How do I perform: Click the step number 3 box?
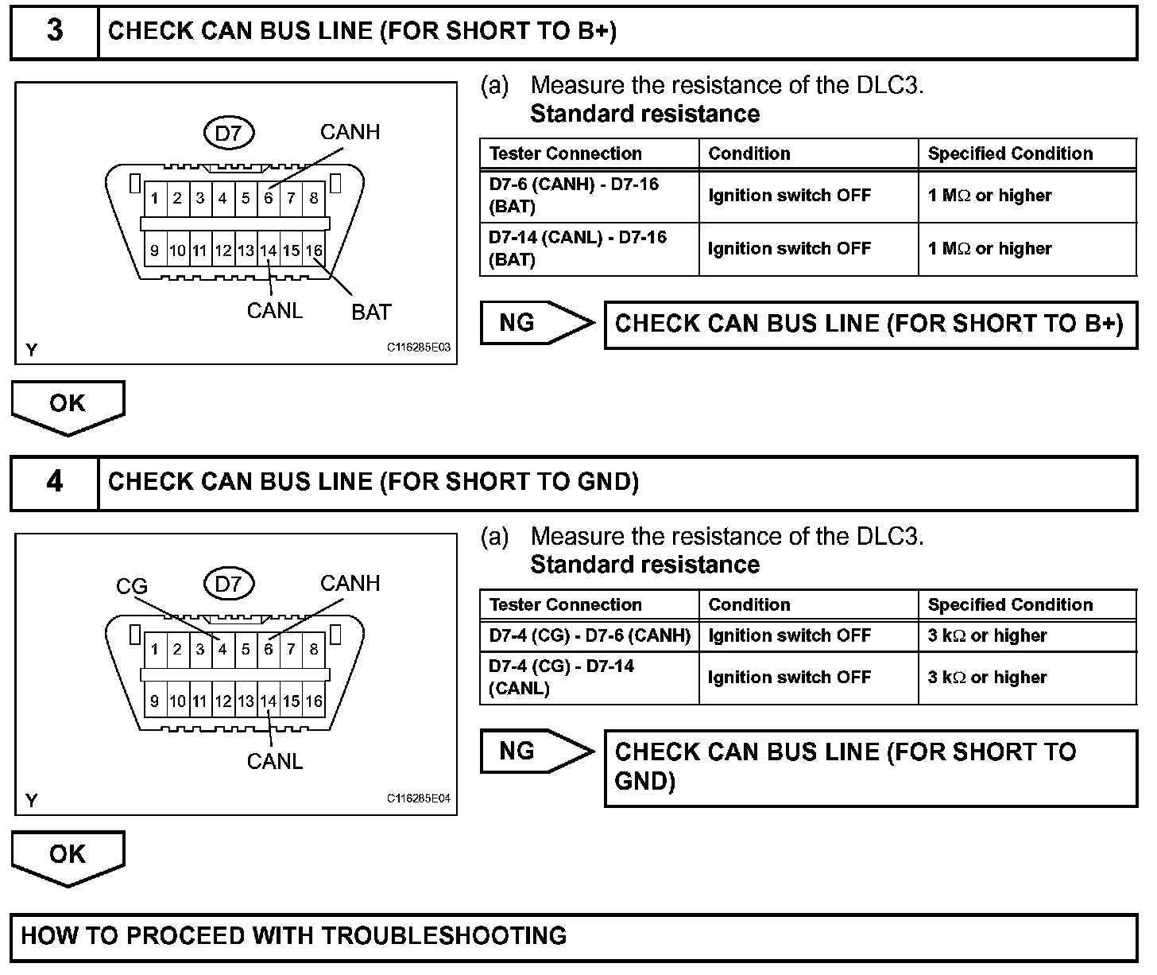point(54,32)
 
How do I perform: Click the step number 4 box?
point(54,483)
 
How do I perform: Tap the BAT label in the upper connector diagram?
point(371,313)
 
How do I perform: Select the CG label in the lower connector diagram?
point(132,587)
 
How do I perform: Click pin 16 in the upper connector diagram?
point(314,251)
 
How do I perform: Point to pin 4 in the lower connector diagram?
point(222,650)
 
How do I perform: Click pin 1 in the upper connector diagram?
point(154,198)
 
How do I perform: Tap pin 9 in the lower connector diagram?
point(154,701)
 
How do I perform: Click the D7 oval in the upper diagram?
point(228,133)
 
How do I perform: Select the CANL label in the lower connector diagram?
point(275,762)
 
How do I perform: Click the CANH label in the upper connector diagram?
point(350,132)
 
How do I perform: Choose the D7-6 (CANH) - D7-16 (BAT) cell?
point(589,196)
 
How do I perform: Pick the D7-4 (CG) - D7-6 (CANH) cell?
point(589,636)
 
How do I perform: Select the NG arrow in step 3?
point(536,323)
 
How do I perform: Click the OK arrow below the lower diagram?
point(68,857)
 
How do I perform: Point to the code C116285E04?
point(418,798)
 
